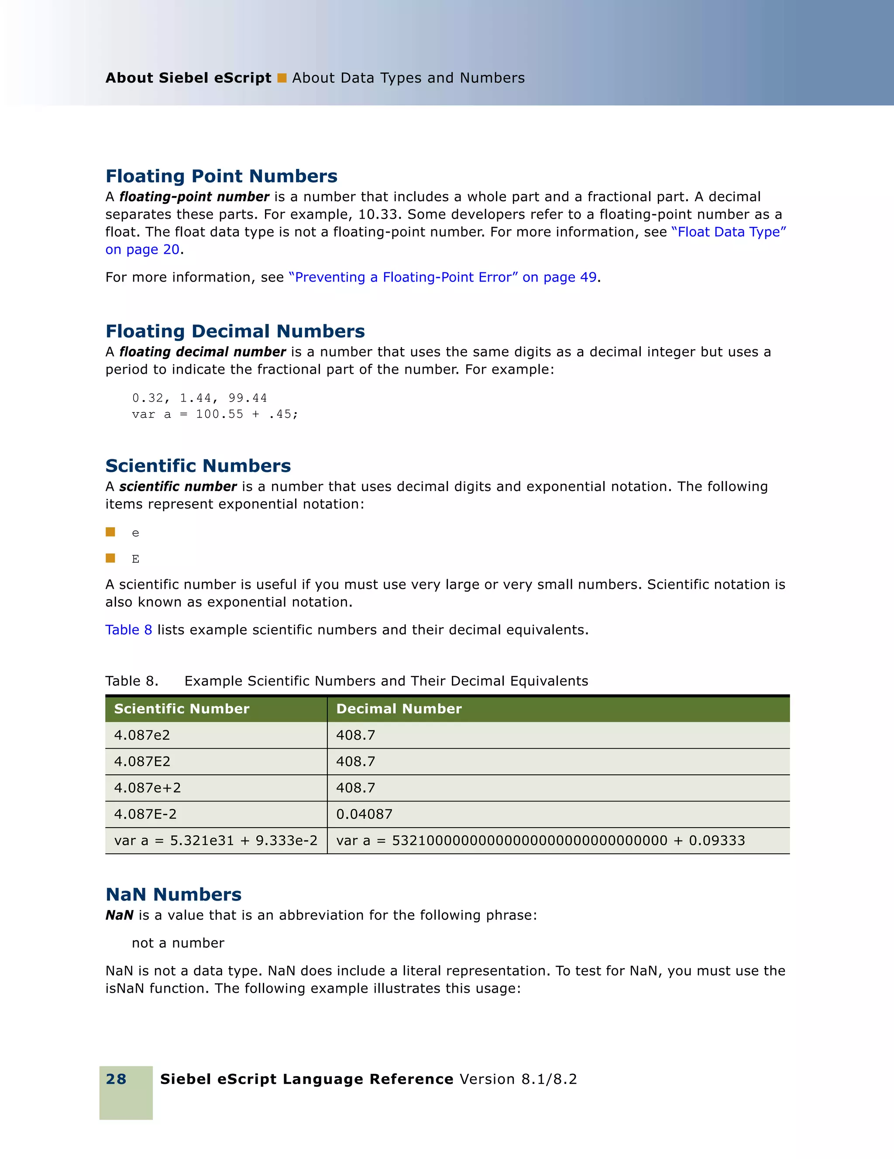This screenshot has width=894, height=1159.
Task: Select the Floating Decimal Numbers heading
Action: [x=235, y=331]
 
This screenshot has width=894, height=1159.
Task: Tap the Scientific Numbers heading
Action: [x=198, y=465]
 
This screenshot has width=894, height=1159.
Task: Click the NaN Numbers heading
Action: [x=173, y=894]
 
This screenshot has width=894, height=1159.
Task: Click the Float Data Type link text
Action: [x=729, y=232]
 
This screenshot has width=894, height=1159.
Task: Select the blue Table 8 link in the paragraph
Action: [x=128, y=629]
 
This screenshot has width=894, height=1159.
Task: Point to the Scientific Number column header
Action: [x=182, y=708]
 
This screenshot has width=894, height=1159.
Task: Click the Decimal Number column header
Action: [x=399, y=708]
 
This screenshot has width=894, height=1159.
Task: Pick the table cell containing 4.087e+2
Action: [x=148, y=788]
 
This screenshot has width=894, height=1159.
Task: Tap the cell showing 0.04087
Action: [x=364, y=814]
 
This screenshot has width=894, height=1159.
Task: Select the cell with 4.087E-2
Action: [x=145, y=814]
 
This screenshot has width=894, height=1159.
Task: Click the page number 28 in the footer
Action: [x=116, y=1079]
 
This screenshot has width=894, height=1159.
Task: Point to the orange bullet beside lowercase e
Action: [x=110, y=532]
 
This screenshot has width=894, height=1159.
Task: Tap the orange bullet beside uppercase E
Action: [x=110, y=558]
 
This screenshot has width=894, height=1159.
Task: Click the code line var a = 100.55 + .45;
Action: [x=215, y=414]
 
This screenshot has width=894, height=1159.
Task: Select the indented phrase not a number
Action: [x=178, y=942]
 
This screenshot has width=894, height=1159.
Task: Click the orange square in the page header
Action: [x=282, y=78]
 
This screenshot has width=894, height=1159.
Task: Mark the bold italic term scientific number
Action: [x=178, y=486]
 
